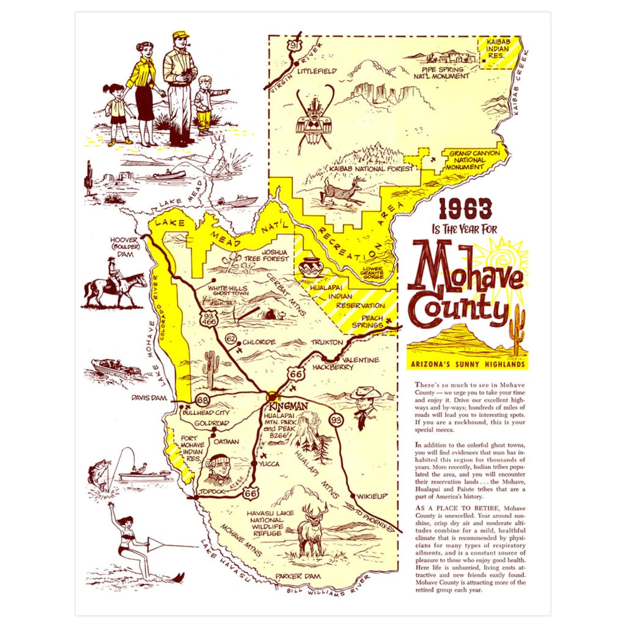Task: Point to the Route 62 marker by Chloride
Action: [231, 337]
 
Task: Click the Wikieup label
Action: [372, 496]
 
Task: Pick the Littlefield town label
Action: [317, 71]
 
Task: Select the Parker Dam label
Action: [297, 576]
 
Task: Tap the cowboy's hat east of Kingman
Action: [366, 394]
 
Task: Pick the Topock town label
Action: [213, 491]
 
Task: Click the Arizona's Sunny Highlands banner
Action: [468, 364]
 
